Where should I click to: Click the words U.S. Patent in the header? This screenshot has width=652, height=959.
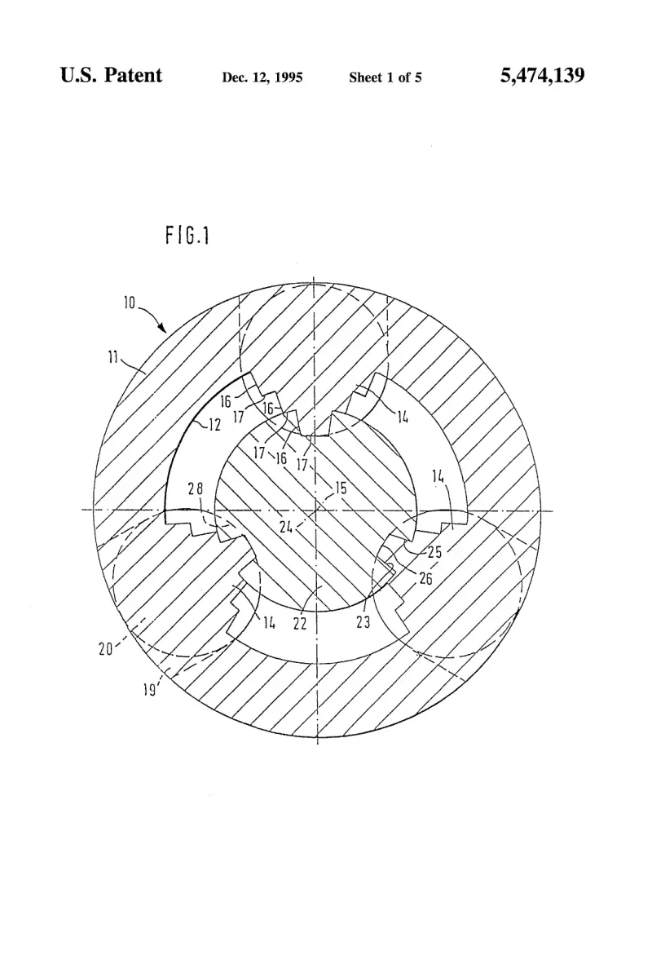[x=111, y=75]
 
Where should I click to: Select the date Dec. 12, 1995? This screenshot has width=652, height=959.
[x=262, y=77]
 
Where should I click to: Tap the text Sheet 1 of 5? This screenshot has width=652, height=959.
[x=385, y=77]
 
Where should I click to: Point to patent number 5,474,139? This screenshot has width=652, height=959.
[x=542, y=75]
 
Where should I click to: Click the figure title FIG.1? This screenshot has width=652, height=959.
[x=187, y=236]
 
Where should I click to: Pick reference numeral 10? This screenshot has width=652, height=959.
[x=130, y=303]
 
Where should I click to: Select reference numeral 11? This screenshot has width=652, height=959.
[x=113, y=357]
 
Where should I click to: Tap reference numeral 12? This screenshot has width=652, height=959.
[x=214, y=424]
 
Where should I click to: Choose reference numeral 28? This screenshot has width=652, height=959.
[x=196, y=488]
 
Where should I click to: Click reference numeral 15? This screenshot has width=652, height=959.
[x=341, y=488]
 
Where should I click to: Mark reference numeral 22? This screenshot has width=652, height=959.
[x=299, y=624]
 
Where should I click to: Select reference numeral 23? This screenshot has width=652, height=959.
[x=363, y=623]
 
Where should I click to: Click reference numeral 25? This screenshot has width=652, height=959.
[x=434, y=552]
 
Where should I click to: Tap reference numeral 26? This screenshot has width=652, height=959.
[x=426, y=578]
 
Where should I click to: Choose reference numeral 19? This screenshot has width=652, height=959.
[x=149, y=690]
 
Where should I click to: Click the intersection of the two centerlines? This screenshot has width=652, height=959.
[x=315, y=510]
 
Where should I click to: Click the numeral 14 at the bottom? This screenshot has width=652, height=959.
[x=269, y=623]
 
